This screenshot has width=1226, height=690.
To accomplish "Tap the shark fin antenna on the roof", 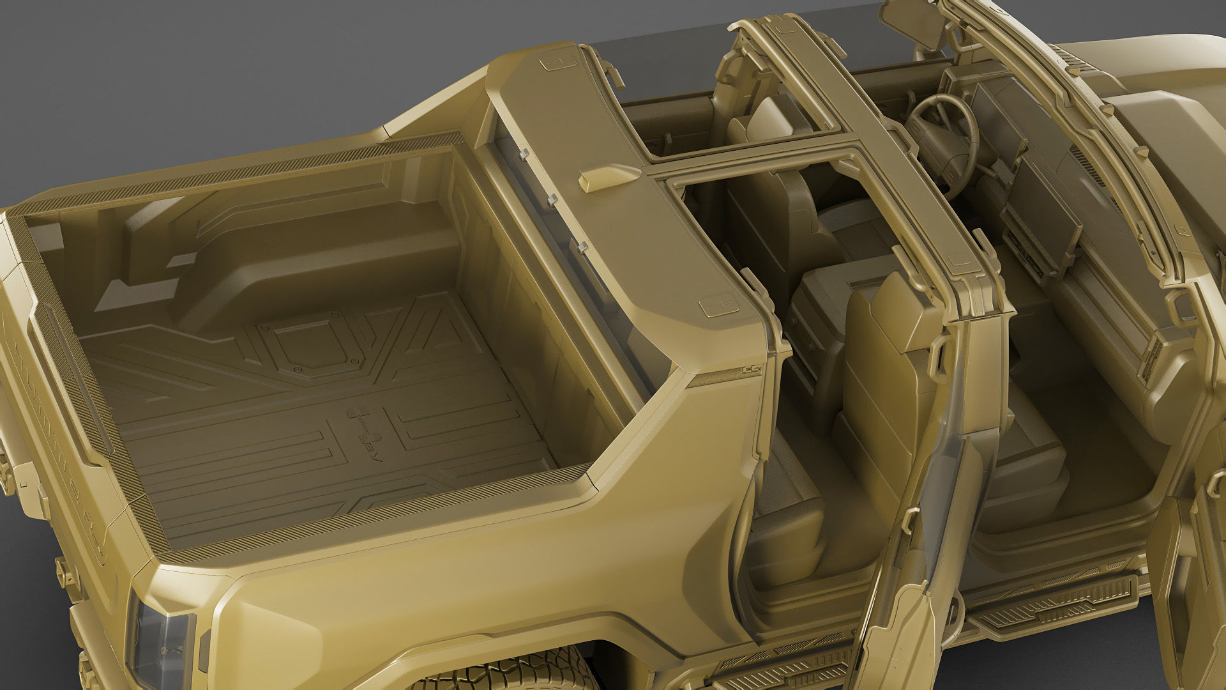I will click(607, 178).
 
